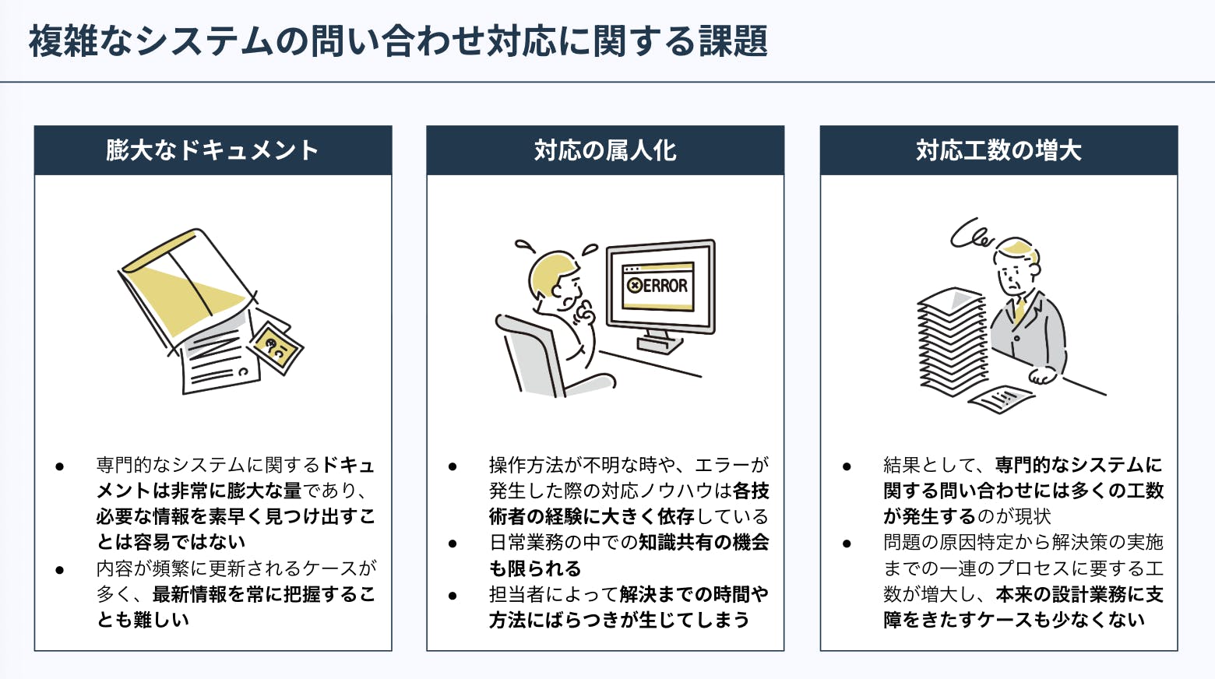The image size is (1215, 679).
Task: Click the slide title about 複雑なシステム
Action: (x=398, y=41)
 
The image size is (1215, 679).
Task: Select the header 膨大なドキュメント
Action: (x=213, y=150)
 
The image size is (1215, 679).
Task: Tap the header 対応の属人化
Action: (x=605, y=150)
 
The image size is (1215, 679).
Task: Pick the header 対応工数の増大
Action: (x=998, y=150)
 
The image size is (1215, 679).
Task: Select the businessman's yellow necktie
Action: (x=1020, y=308)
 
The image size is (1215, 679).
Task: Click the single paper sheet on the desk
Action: (x=1001, y=399)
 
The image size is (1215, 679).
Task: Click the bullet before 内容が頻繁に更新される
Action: (x=60, y=570)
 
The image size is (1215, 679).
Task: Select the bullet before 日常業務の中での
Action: (x=453, y=544)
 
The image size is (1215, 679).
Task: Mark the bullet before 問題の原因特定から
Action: (x=847, y=544)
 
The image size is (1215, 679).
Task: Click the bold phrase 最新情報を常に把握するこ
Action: (x=263, y=594)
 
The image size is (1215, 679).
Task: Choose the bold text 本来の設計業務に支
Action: (x=1079, y=594)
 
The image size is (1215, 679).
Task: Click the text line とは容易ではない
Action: (x=171, y=542)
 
